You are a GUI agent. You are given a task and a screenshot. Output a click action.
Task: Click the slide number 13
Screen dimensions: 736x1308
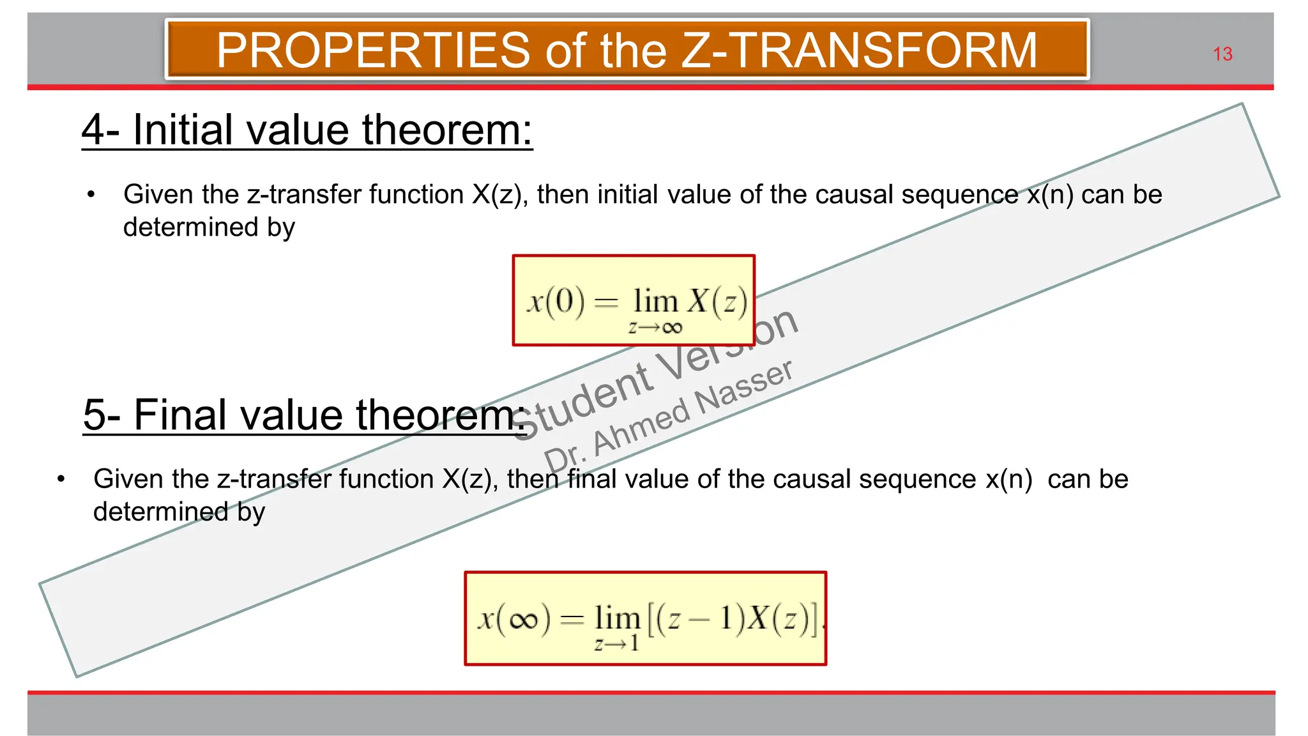tap(1222, 54)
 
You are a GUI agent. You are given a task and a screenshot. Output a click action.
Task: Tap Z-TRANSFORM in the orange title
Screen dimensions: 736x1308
tap(860, 50)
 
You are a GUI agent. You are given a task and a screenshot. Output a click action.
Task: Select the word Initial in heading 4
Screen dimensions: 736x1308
tap(183, 130)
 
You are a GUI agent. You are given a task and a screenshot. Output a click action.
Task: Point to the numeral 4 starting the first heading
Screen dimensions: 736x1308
tap(93, 130)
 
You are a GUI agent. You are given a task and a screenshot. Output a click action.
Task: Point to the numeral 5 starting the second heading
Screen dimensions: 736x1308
tap(94, 415)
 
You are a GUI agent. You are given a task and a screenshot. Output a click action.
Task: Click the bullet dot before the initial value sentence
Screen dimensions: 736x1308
tap(91, 194)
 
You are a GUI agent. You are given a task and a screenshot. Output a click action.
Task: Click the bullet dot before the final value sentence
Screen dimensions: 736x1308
tap(61, 479)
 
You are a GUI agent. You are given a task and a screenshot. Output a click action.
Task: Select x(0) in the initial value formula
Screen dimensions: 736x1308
tap(555, 301)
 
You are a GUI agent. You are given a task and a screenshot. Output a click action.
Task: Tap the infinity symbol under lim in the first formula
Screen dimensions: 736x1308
tap(672, 328)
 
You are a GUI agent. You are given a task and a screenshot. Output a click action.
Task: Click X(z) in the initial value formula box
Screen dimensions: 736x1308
tap(718, 301)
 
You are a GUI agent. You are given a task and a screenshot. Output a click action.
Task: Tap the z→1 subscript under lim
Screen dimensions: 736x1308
tap(616, 644)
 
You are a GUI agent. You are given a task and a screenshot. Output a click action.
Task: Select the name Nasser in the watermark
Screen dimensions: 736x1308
tap(744, 388)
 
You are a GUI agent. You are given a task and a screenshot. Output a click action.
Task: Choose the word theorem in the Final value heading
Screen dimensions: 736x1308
tap(437, 415)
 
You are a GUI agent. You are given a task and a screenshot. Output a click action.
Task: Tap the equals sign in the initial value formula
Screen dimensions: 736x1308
tap(606, 302)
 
